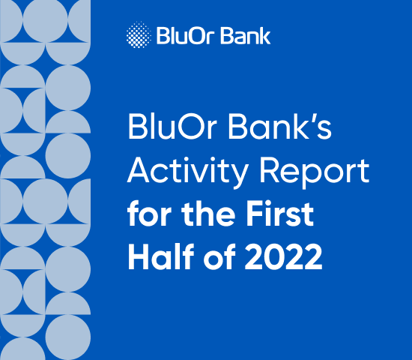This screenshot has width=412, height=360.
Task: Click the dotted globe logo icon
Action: [139, 34]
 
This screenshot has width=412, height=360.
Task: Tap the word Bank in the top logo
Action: [249, 35]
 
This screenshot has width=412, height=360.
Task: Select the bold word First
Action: [283, 215]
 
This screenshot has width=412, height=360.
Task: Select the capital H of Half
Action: [139, 257]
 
